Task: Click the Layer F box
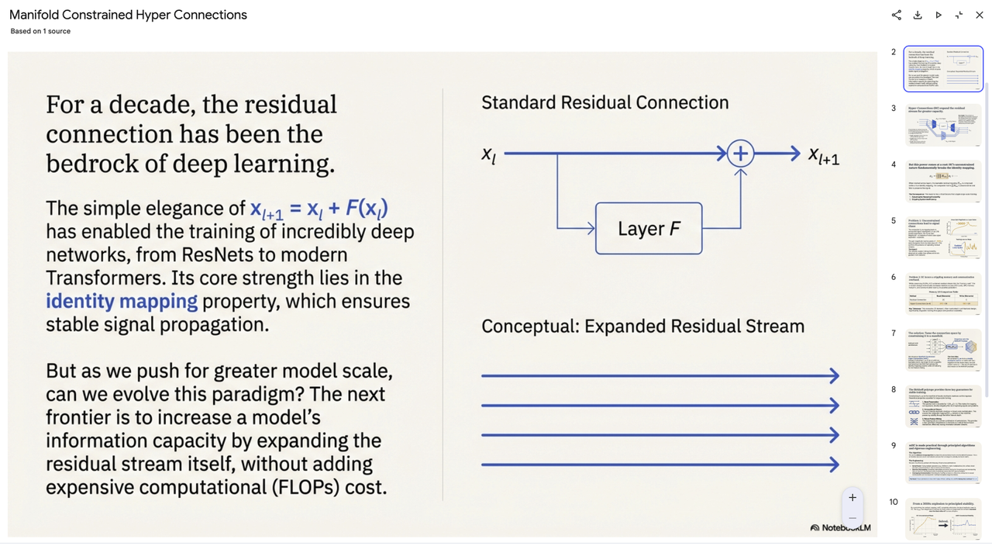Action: click(649, 229)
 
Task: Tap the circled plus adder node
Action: click(740, 154)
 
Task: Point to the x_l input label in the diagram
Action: click(488, 154)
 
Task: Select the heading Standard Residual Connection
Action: click(604, 102)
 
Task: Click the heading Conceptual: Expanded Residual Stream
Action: click(642, 327)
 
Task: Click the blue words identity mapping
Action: click(122, 301)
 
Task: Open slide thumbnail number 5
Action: click(943, 237)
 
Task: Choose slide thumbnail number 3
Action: click(943, 125)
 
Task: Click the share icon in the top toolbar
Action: click(897, 15)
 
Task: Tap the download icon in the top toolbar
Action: click(918, 15)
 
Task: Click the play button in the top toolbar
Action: click(939, 15)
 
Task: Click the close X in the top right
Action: click(980, 15)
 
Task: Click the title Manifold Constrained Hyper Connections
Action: click(128, 15)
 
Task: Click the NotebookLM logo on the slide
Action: click(841, 527)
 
